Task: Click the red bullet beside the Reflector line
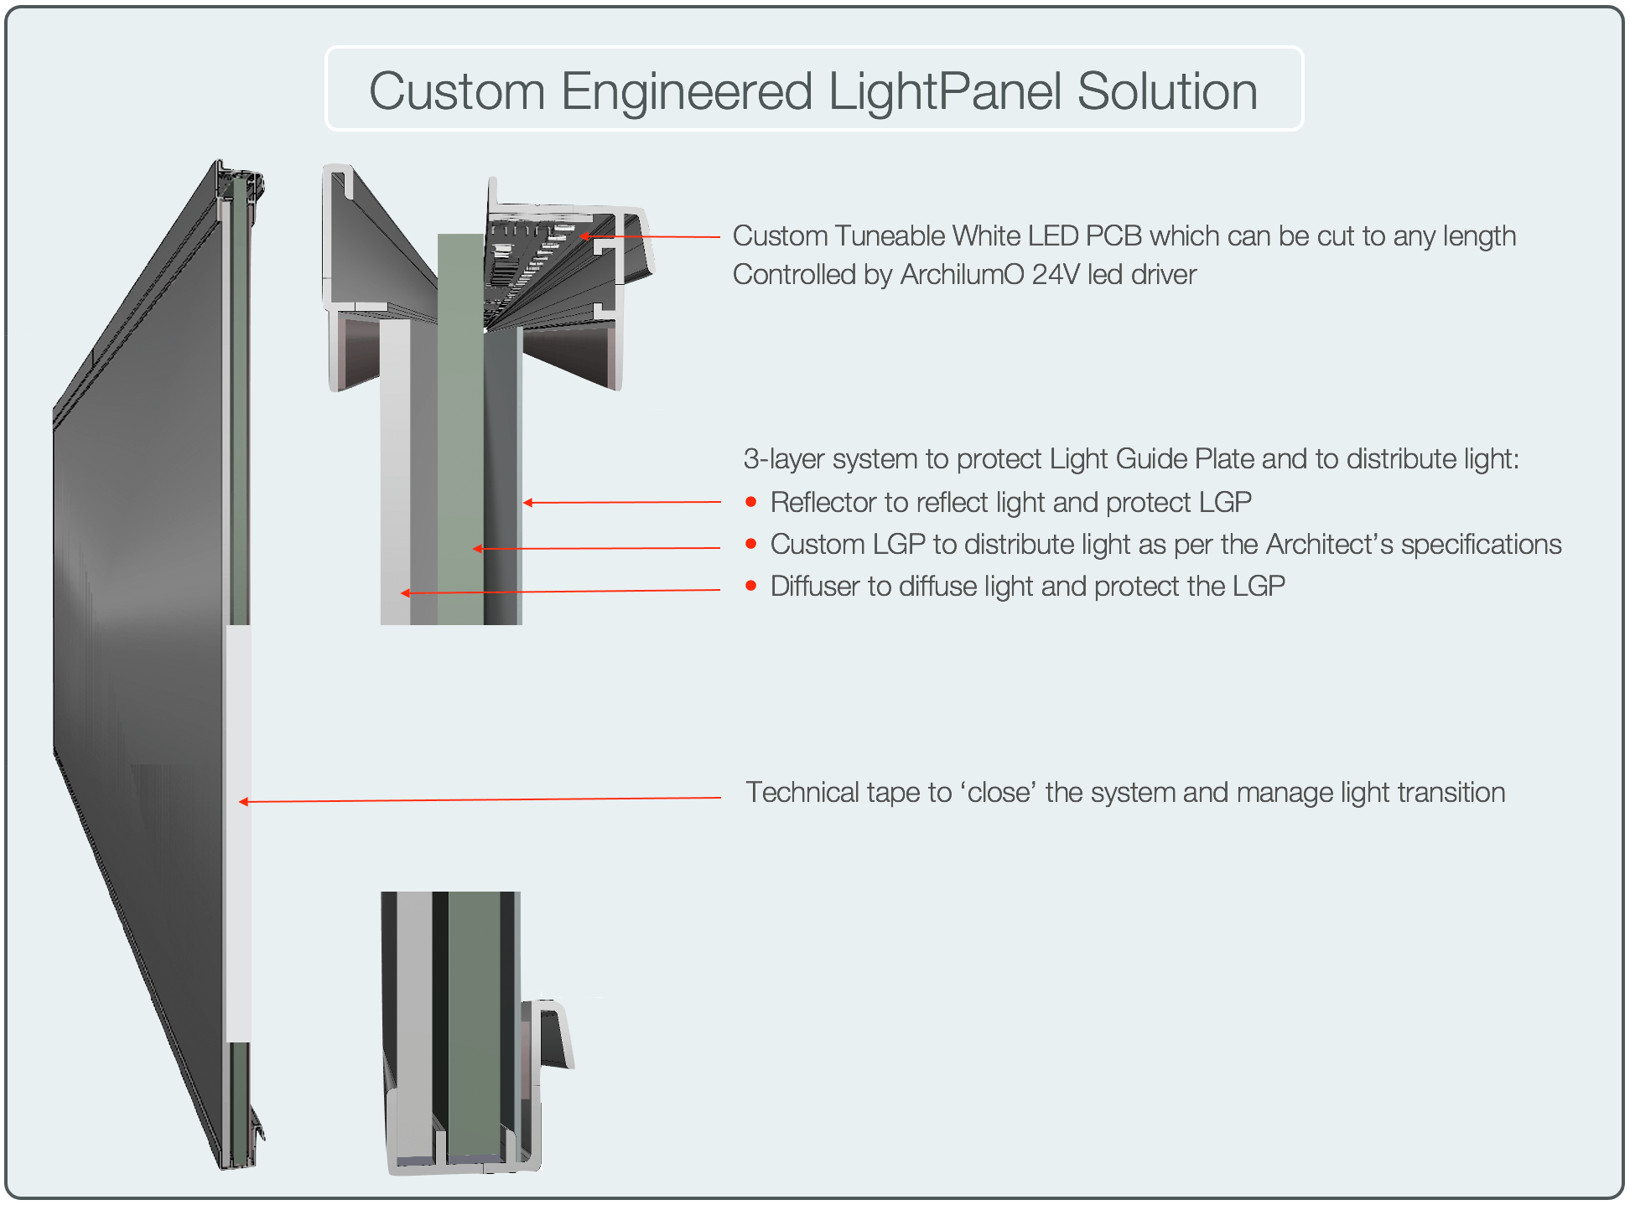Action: tap(751, 502)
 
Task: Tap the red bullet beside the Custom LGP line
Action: tap(751, 544)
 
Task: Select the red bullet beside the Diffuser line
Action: tap(751, 586)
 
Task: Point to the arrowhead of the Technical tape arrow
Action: tap(242, 802)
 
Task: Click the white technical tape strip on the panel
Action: tap(238, 838)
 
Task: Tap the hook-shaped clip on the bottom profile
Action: tap(554, 1036)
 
